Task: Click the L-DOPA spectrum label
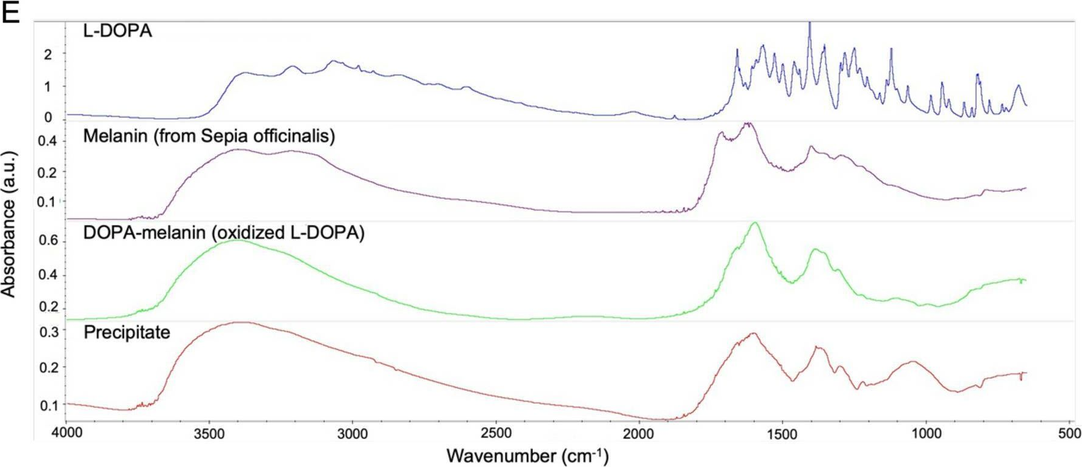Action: point(117,31)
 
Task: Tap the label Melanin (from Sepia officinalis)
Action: point(209,136)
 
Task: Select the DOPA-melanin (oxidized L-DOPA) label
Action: point(224,233)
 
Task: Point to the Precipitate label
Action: point(126,332)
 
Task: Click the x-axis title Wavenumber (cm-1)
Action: point(527,456)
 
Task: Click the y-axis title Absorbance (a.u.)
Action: point(8,224)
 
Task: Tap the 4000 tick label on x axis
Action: point(66,433)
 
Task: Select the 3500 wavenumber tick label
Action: point(209,433)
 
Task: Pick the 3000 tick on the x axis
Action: point(353,433)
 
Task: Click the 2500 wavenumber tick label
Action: point(496,433)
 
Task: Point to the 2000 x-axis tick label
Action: point(639,433)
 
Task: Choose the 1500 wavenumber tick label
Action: point(783,433)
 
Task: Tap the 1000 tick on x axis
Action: point(926,433)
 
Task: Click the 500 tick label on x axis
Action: point(1069,433)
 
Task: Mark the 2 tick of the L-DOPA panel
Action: point(48,54)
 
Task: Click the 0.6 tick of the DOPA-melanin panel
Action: point(48,241)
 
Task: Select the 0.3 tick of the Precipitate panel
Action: point(48,331)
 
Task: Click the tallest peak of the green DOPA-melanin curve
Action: point(754,223)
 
